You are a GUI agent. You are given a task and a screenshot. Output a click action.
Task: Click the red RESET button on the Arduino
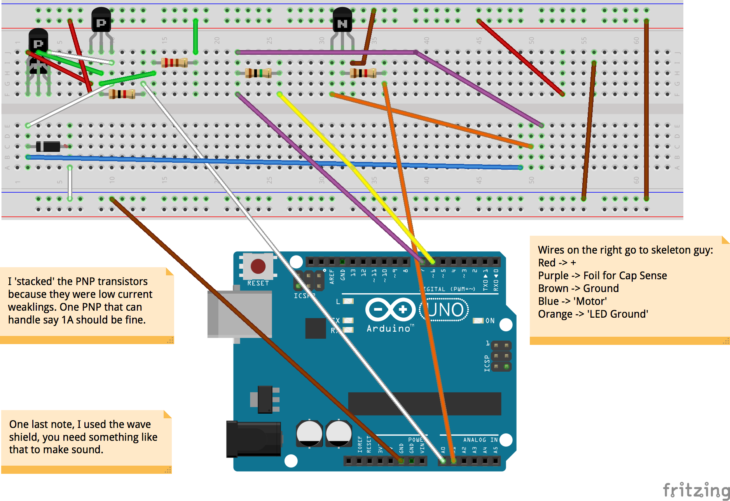[x=258, y=266]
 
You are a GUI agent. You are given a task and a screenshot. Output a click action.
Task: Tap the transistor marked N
[x=342, y=21]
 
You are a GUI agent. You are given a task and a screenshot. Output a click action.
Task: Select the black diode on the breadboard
[x=48, y=146]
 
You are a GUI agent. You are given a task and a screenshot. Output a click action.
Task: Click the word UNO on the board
[x=446, y=310]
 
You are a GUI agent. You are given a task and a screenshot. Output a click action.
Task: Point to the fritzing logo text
[x=696, y=490]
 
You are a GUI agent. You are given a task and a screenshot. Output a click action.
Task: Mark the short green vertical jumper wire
[x=196, y=36]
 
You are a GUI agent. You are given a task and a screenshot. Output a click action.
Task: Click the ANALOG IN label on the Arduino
[x=480, y=440]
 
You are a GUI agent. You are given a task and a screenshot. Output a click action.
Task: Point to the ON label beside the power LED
[x=490, y=321]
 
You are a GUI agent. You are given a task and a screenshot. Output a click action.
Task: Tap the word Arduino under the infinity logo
[x=388, y=329]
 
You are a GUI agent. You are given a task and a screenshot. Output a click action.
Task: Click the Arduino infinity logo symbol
[x=390, y=310]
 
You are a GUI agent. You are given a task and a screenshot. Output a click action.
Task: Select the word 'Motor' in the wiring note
[x=590, y=301]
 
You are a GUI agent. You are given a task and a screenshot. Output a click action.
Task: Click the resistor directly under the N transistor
[x=363, y=73]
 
